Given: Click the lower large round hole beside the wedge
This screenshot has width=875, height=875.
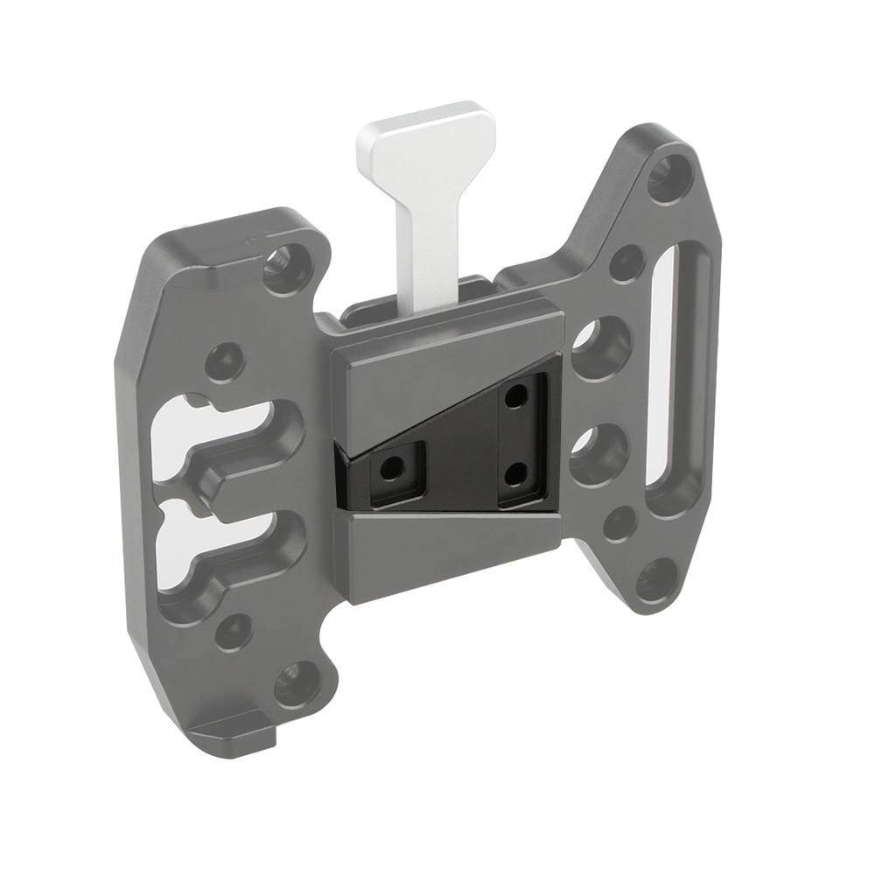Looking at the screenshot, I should pos(598,447).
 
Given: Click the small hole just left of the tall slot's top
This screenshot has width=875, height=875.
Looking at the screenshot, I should pos(626,262).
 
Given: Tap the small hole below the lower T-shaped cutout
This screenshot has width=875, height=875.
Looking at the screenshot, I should pos(233,630).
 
